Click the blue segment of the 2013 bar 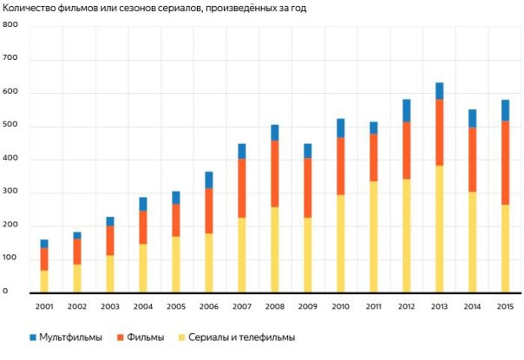(439, 90)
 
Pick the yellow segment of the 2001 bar (44, 281)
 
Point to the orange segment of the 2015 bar (505, 162)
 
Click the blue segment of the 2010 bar (341, 128)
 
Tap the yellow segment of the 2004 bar (143, 268)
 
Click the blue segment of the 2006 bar (209, 180)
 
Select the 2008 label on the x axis (274, 306)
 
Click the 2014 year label (472, 306)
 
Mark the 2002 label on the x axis (77, 306)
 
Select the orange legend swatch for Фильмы (119, 337)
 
